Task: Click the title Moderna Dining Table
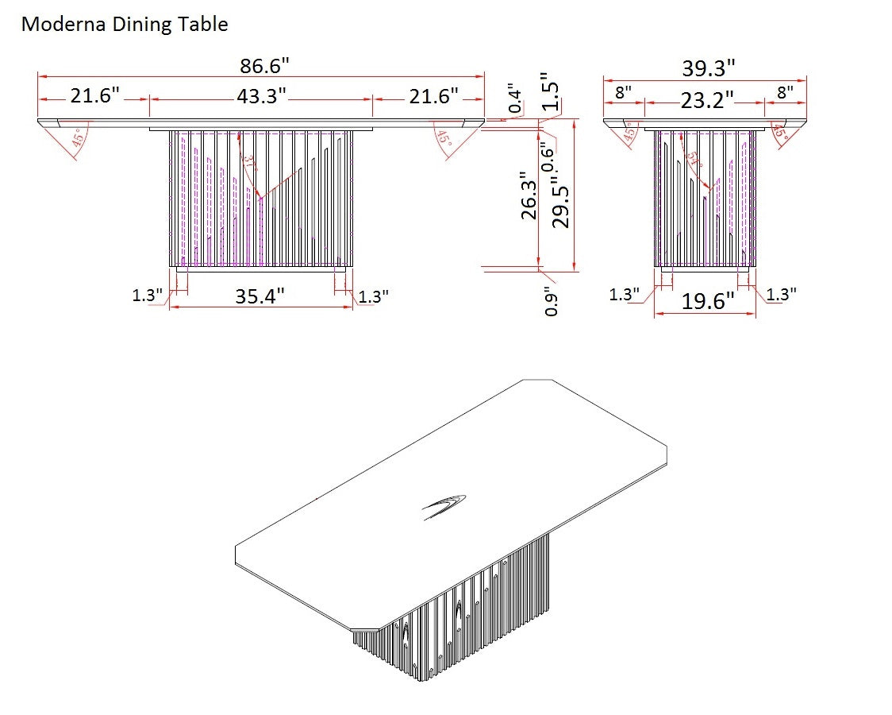click(124, 25)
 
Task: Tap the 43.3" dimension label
click(261, 97)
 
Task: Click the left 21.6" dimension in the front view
click(94, 97)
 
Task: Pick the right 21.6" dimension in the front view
click(433, 97)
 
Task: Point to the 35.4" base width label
click(260, 296)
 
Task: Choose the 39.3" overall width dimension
click(709, 68)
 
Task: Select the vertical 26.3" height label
click(529, 196)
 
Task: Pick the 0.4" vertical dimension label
click(517, 98)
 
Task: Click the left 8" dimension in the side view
click(623, 92)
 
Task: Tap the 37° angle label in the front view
click(251, 164)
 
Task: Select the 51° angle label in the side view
click(695, 158)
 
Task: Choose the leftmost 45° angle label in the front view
click(78, 137)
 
